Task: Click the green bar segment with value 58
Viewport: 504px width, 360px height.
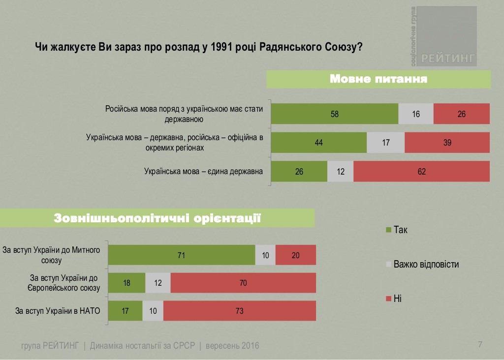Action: (x=335, y=114)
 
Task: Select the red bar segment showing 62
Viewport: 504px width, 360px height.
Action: (x=421, y=172)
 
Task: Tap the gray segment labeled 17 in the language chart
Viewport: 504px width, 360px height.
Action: (x=386, y=143)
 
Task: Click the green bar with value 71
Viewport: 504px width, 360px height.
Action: (x=182, y=255)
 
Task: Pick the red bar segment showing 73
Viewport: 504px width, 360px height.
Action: (x=240, y=311)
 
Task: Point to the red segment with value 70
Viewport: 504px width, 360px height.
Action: (x=243, y=283)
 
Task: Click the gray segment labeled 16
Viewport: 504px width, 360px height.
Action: (x=416, y=114)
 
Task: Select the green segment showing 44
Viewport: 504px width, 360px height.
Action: (x=319, y=143)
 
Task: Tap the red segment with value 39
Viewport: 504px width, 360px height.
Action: (x=447, y=143)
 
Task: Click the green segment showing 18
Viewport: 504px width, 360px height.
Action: (x=127, y=283)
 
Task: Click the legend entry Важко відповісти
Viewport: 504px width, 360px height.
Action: (x=426, y=264)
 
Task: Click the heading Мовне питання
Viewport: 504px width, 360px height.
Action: (x=378, y=79)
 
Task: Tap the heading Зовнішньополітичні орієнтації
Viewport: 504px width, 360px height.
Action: (x=157, y=218)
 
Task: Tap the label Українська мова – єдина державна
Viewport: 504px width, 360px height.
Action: (x=203, y=172)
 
